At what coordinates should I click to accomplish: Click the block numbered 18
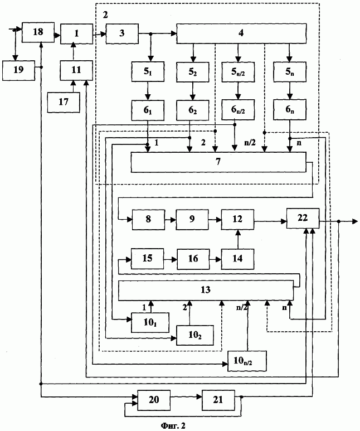click(38, 32)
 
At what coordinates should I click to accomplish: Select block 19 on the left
click(19, 70)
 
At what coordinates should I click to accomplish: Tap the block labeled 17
click(64, 102)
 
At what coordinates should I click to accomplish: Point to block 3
click(122, 33)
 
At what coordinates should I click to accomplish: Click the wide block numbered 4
click(241, 33)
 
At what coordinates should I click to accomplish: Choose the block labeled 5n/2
click(238, 72)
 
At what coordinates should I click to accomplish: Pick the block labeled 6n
click(290, 110)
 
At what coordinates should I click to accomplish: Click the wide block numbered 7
click(218, 162)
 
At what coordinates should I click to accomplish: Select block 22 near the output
click(303, 218)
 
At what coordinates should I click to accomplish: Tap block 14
click(238, 259)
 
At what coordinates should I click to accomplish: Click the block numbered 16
click(193, 259)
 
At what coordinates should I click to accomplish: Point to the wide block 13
click(206, 290)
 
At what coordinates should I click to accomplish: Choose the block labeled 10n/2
click(247, 361)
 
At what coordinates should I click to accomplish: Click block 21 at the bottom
click(218, 400)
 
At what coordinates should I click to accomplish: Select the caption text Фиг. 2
click(173, 426)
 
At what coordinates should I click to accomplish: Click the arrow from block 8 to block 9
click(171, 220)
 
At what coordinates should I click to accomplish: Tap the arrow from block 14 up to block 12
click(238, 239)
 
